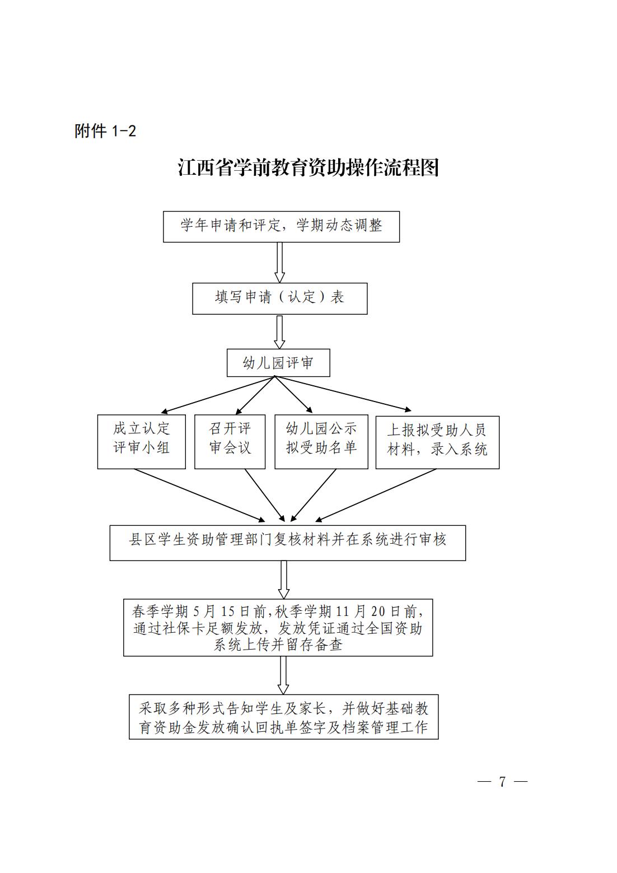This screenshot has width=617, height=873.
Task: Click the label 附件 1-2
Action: [105, 131]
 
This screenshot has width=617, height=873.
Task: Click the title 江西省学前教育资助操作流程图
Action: [308, 168]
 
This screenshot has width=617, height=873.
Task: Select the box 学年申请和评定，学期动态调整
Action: [281, 227]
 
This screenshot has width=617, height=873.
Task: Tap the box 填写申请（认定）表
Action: [280, 298]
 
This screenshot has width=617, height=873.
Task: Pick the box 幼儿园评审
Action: [278, 363]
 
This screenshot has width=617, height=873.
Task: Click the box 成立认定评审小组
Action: [142, 442]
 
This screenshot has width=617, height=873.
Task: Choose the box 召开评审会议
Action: [230, 442]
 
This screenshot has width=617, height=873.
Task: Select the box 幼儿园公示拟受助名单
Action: [321, 442]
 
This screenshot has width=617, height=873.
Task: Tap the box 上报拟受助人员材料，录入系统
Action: [437, 442]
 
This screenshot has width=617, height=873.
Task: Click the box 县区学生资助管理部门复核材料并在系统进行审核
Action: [288, 543]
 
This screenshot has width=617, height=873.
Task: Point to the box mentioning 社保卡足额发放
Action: [278, 628]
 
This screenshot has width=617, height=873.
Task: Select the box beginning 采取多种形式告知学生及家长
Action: [284, 717]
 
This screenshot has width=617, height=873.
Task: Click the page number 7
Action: [502, 781]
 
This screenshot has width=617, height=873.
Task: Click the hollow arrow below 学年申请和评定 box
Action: [279, 262]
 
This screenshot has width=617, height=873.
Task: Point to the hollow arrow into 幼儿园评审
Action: [279, 332]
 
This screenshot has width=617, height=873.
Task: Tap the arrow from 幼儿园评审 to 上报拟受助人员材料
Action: [343, 393]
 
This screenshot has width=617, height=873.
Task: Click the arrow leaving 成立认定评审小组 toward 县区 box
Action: [199, 495]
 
